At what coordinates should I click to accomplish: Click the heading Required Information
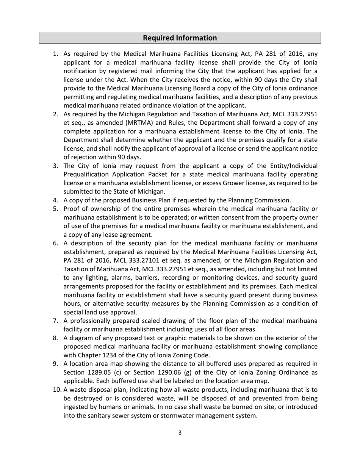[180, 38]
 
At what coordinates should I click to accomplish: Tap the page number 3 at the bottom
[180, 433]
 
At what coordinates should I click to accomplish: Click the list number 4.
[55, 200]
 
